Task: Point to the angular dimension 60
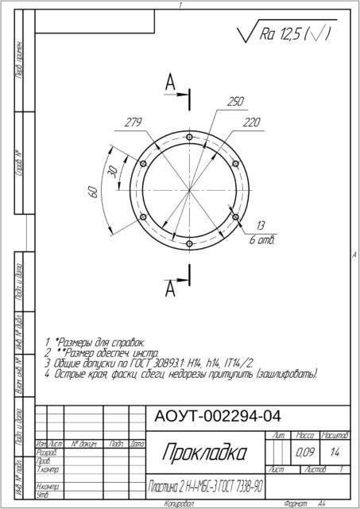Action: coord(92,191)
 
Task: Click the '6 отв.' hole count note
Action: coord(261,239)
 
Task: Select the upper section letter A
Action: coord(170,82)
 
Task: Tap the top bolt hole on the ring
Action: coord(189,137)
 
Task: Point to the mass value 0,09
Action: coord(304,453)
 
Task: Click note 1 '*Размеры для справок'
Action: coord(95,340)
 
